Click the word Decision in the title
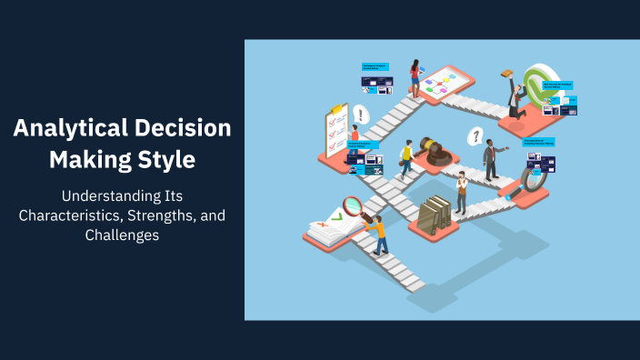(190, 129)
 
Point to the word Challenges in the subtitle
(122, 235)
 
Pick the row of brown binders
(435, 215)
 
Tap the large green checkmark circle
(544, 83)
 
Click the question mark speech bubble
(474, 136)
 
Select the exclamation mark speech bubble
(362, 115)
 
